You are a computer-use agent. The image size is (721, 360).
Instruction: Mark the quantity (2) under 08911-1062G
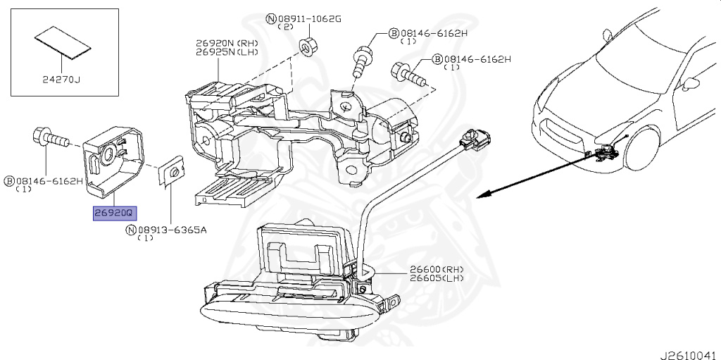pos(285,27)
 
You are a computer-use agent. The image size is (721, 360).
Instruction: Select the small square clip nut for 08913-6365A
pos(170,173)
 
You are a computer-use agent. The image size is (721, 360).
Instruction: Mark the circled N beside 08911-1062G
pos(271,18)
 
